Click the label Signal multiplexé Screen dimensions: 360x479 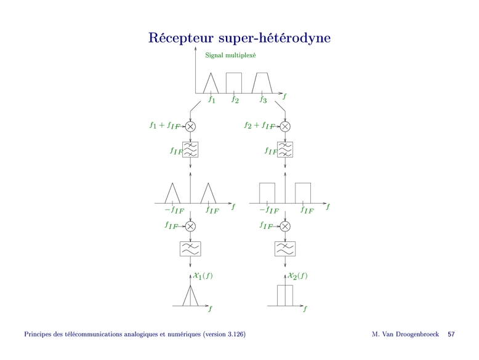click(231, 55)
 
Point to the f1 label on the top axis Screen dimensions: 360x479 click(212, 98)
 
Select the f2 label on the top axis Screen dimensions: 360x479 click(235, 98)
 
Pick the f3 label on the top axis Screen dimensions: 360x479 click(263, 98)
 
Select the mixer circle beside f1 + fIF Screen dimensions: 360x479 click(190, 126)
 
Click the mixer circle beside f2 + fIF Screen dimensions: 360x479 click(285, 126)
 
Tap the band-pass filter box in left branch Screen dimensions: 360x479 click(190, 150)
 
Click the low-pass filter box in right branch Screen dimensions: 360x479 click(285, 249)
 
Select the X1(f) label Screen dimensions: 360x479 click(203, 276)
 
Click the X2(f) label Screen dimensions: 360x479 click(298, 276)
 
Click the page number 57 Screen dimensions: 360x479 click(451, 334)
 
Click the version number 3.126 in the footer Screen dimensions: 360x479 click(234, 334)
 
